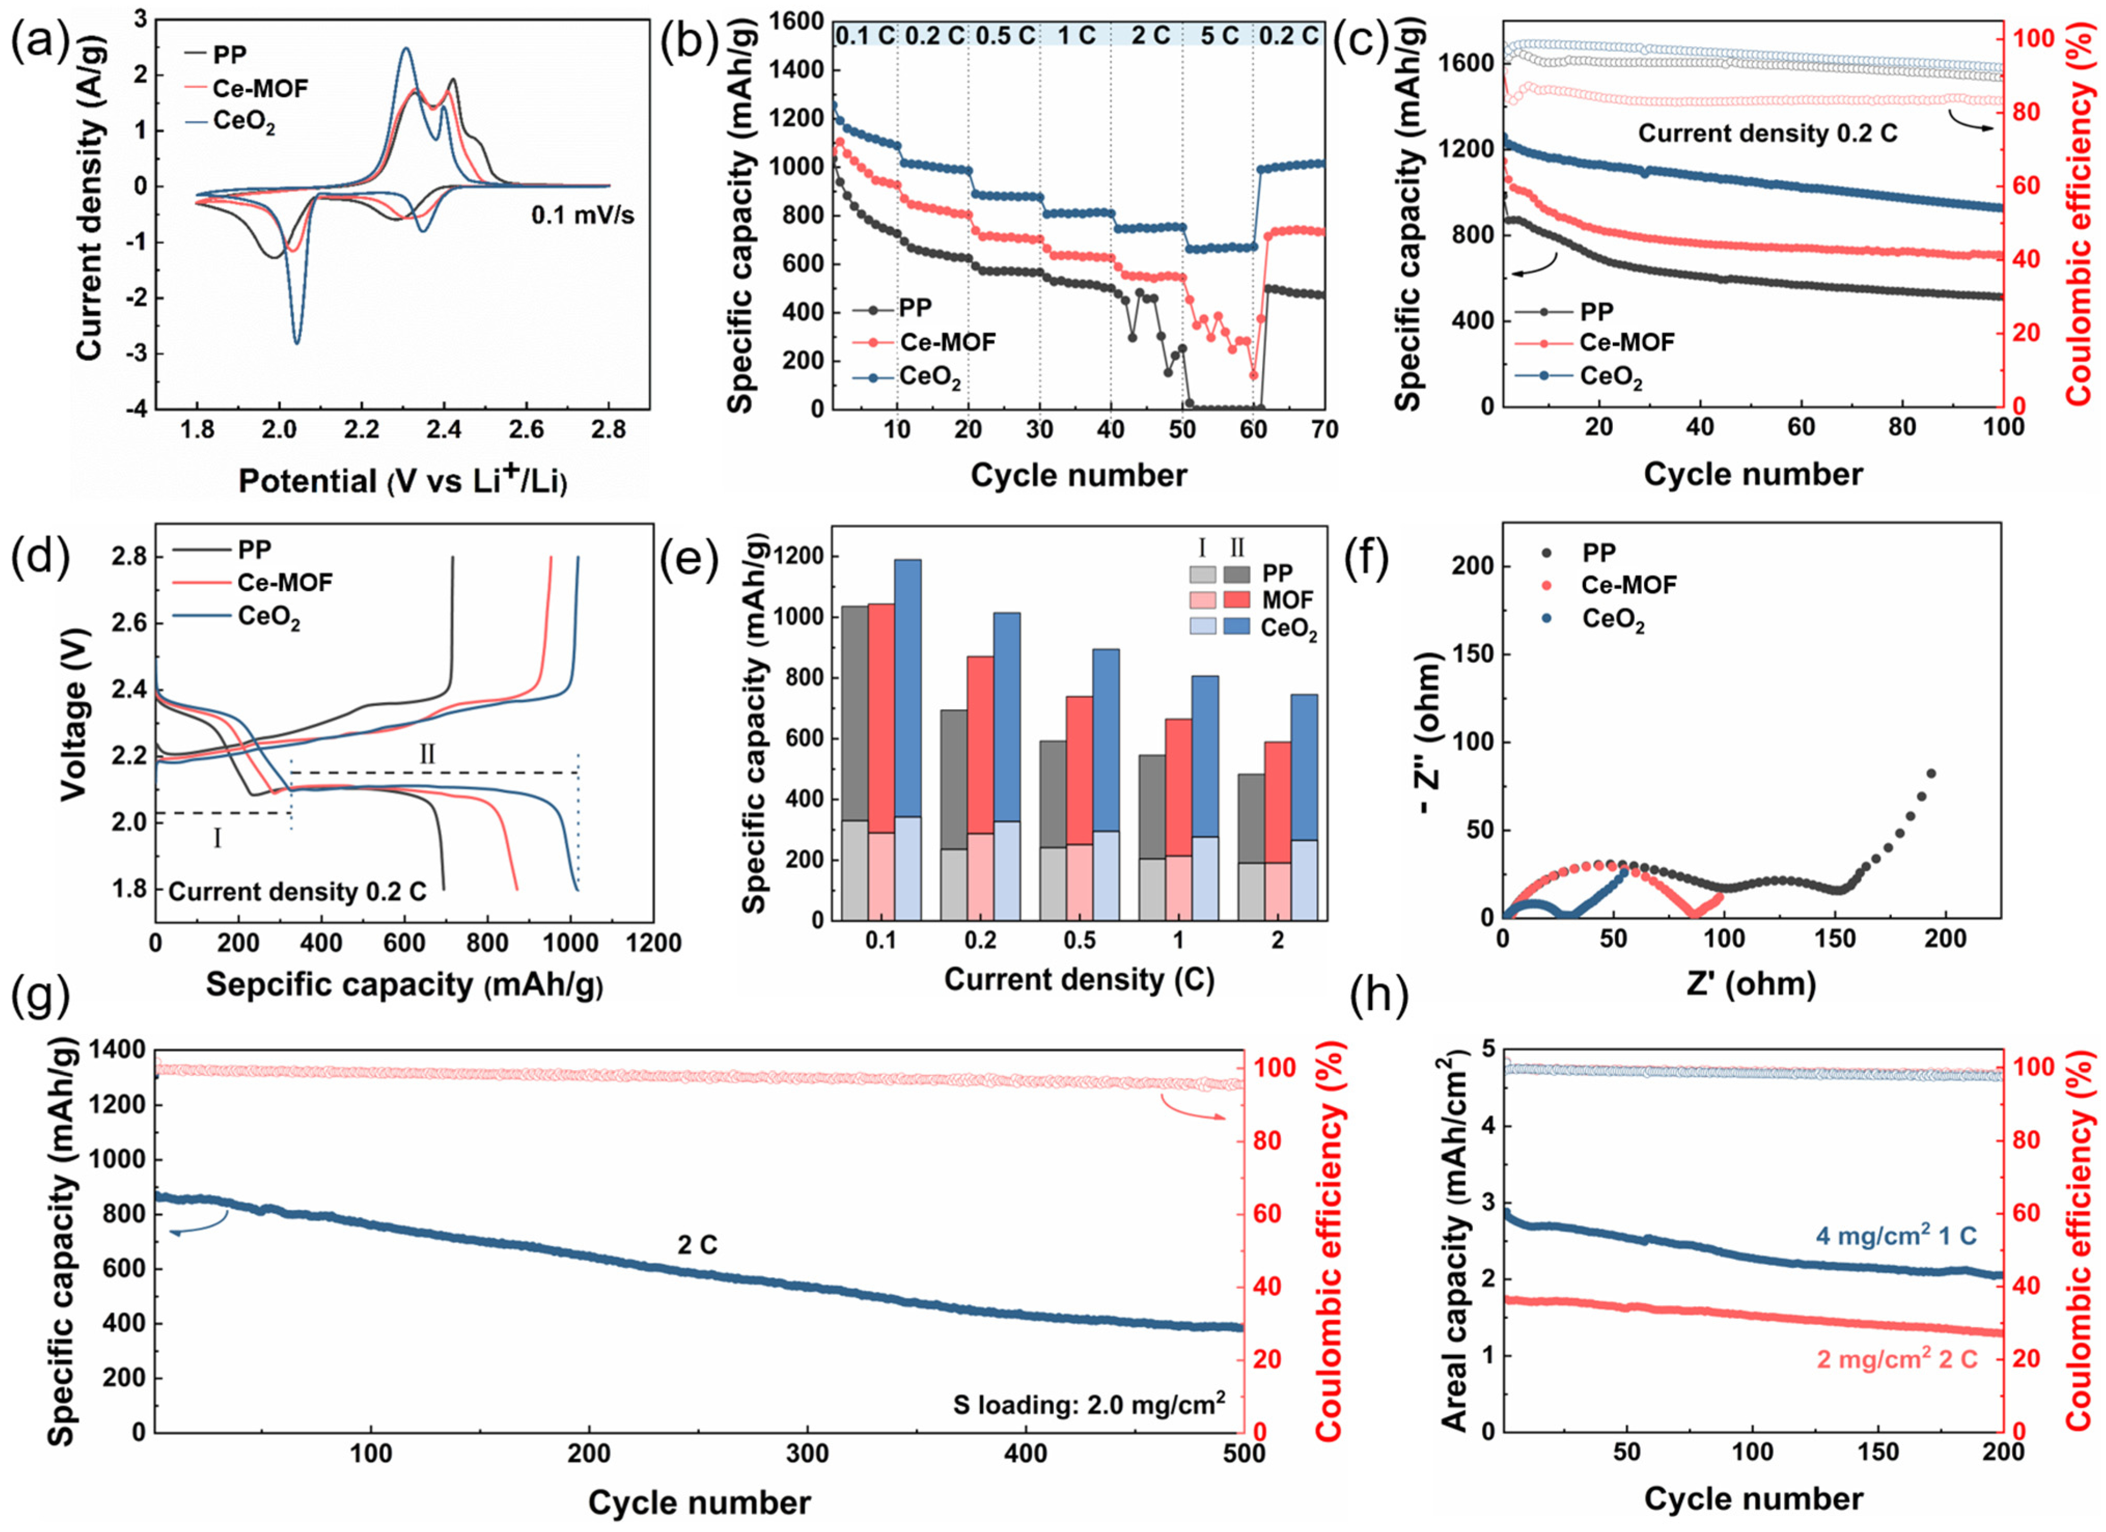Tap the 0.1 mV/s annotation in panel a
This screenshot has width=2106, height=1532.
click(582, 216)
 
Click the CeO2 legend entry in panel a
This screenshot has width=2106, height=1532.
click(244, 122)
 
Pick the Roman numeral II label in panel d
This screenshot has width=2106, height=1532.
click(427, 754)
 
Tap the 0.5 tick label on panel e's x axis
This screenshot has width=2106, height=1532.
click(1079, 941)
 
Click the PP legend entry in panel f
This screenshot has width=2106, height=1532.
click(1599, 552)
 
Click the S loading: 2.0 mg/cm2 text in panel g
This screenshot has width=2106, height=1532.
click(1089, 1404)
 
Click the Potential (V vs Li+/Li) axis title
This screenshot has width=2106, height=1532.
click(402, 480)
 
